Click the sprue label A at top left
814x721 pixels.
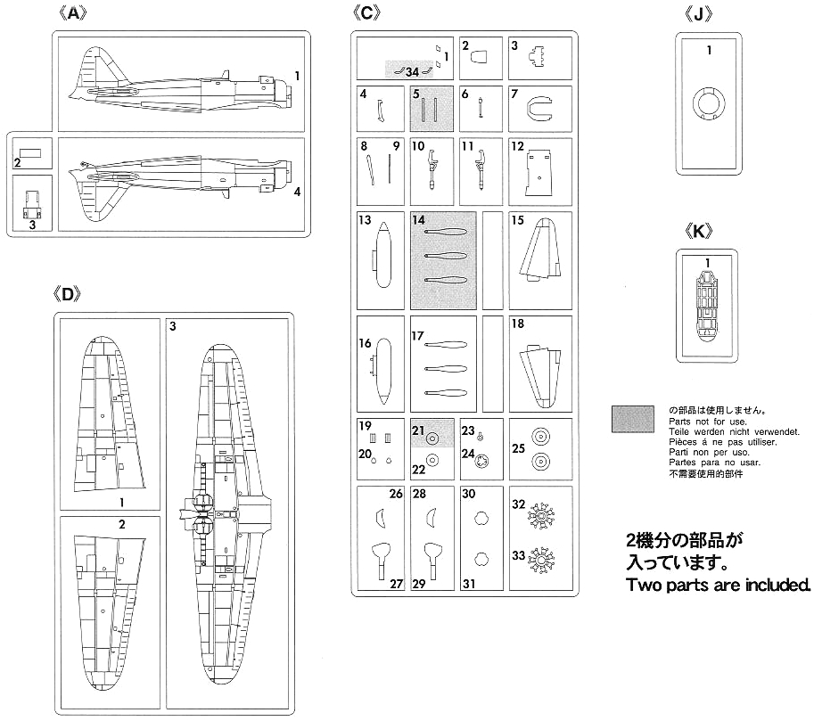[78, 15]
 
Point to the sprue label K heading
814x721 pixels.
[705, 230]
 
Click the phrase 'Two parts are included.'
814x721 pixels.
[719, 586]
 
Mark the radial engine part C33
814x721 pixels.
[541, 561]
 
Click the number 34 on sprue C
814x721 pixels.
[411, 71]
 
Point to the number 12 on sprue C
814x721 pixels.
[518, 144]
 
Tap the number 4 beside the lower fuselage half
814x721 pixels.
[297, 191]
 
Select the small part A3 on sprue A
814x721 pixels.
[32, 207]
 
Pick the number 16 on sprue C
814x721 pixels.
[366, 344]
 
